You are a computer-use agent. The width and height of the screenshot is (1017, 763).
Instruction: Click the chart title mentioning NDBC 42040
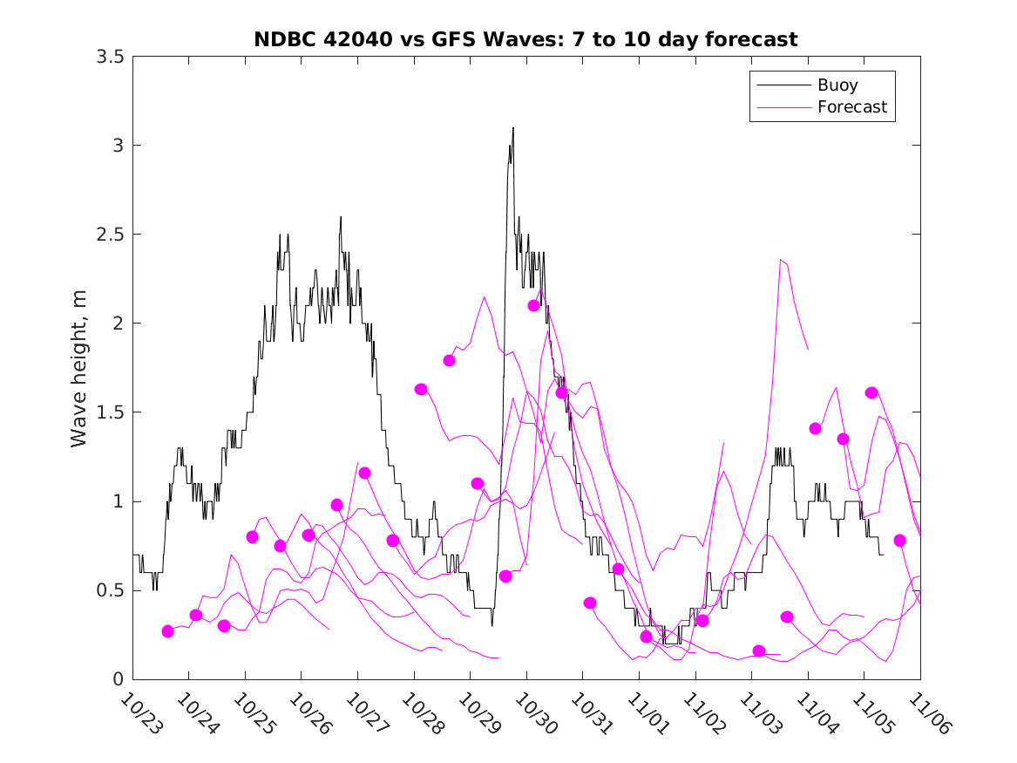[x=525, y=39]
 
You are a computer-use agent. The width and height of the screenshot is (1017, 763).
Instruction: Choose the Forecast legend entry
[x=852, y=107]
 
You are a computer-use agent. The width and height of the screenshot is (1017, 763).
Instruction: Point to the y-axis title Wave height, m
[x=79, y=367]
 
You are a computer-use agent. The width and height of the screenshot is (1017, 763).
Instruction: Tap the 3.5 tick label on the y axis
[x=109, y=57]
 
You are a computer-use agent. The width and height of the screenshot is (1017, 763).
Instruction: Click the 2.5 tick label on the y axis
[x=109, y=235]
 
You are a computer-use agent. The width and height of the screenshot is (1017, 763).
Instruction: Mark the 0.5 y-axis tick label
[x=109, y=590]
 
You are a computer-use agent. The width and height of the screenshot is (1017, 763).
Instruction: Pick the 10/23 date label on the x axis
[x=139, y=713]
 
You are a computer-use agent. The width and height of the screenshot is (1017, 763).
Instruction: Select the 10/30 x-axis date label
[x=533, y=713]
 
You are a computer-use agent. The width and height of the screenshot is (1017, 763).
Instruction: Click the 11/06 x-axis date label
[x=927, y=713]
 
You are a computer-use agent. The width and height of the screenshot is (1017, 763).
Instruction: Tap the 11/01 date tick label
[x=647, y=713]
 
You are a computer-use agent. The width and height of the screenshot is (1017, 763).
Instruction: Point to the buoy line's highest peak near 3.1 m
[x=513, y=128]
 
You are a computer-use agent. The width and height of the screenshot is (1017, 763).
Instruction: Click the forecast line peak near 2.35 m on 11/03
[x=781, y=259]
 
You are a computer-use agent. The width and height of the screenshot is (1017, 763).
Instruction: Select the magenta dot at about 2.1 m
[x=534, y=305]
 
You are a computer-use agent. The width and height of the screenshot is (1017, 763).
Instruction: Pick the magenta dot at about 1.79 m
[x=450, y=360]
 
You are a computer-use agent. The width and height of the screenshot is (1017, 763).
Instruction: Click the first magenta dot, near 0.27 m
[x=168, y=631]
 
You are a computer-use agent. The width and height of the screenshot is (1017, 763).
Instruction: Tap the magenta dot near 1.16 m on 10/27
[x=365, y=473]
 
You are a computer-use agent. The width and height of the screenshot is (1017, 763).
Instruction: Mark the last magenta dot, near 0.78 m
[x=900, y=541]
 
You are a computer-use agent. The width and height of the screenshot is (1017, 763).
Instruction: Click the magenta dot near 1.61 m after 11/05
[x=871, y=392]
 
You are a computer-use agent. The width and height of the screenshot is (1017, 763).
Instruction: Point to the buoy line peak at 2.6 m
[x=341, y=217]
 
